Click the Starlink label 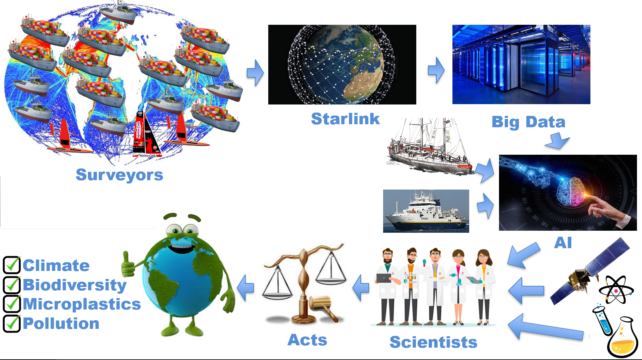pos(345,119)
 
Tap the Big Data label pos(528,122)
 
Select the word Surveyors pos(119,175)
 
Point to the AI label pos(563,243)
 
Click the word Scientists pos(433,342)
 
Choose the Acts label pos(307,340)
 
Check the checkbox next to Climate pos(12,265)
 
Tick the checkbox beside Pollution pos(12,323)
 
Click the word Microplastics pos(82,304)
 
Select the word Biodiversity pos(75,285)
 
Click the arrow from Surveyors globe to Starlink pos(255,73)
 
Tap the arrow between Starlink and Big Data pos(436,70)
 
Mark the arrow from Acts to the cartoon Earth pos(245,288)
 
